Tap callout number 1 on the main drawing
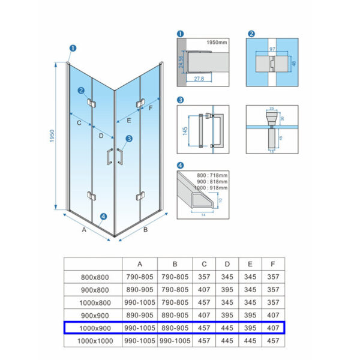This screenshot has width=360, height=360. pyautogui.click(x=73, y=49)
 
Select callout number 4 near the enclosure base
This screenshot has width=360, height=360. pyautogui.click(x=104, y=217)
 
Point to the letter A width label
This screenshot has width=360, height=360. pyautogui.click(x=84, y=229)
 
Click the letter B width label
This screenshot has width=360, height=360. pyautogui.click(x=146, y=229)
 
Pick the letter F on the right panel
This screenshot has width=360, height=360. pyautogui.click(x=151, y=108)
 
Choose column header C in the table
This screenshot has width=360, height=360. pyautogui.click(x=205, y=264)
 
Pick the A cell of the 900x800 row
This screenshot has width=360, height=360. pyautogui.click(x=140, y=290)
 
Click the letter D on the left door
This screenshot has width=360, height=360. pyautogui.click(x=101, y=136)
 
